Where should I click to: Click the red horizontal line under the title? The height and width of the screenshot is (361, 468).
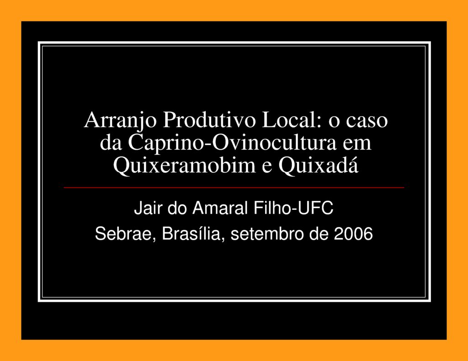pos(234,187)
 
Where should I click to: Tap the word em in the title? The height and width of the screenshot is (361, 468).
pos(359,144)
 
